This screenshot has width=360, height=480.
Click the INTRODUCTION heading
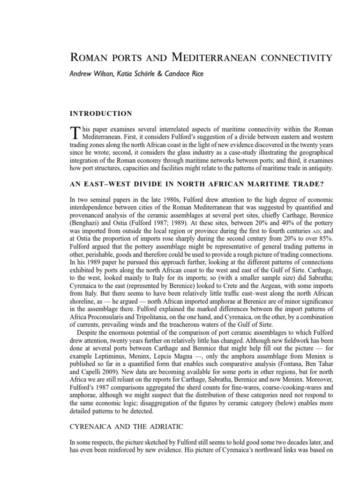[101, 113]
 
